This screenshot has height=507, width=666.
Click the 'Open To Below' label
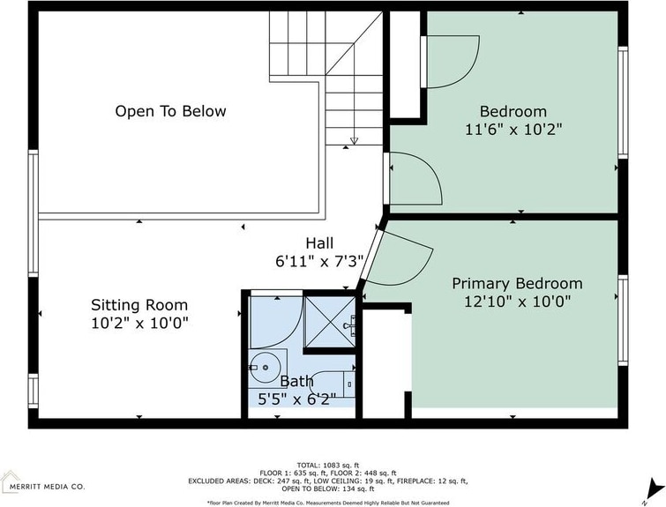tap(170, 111)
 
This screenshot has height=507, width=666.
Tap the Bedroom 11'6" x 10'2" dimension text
tap(513, 129)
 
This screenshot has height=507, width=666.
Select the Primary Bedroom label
tap(517, 284)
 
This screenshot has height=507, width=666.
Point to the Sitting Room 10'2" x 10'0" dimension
tap(139, 324)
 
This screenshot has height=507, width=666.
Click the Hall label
tap(319, 243)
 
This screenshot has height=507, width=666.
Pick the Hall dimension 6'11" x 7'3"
tap(319, 261)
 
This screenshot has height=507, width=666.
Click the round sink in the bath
tap(264, 367)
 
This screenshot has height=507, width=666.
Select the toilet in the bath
tap(333, 384)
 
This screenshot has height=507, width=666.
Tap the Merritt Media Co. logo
tap(42, 482)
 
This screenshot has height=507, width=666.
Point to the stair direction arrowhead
tap(354, 141)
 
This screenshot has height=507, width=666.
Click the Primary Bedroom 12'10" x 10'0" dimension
tap(517, 302)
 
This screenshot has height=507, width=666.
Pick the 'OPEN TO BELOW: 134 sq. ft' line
tap(328, 488)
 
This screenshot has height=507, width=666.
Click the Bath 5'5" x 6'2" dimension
tap(297, 399)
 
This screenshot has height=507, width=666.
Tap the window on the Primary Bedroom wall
tap(623, 320)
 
